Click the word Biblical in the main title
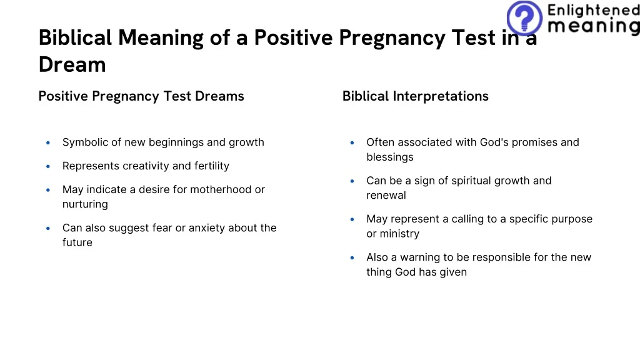pyautogui.click(x=76, y=38)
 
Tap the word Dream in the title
pyautogui.click(x=72, y=64)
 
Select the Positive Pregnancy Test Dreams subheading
pyautogui.click(x=141, y=96)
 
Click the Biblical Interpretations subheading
pyautogui.click(x=415, y=96)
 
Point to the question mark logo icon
pyautogui.click(x=524, y=17)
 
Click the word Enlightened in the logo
pyautogui.click(x=592, y=10)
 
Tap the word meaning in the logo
pyautogui.click(x=592, y=26)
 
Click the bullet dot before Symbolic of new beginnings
pyautogui.click(x=48, y=142)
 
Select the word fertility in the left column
pyautogui.click(x=212, y=166)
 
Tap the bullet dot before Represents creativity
pyautogui.click(x=48, y=166)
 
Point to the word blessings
pyautogui.click(x=390, y=157)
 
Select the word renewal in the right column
pyautogui.click(x=386, y=196)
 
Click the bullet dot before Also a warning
pyautogui.click(x=352, y=257)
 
